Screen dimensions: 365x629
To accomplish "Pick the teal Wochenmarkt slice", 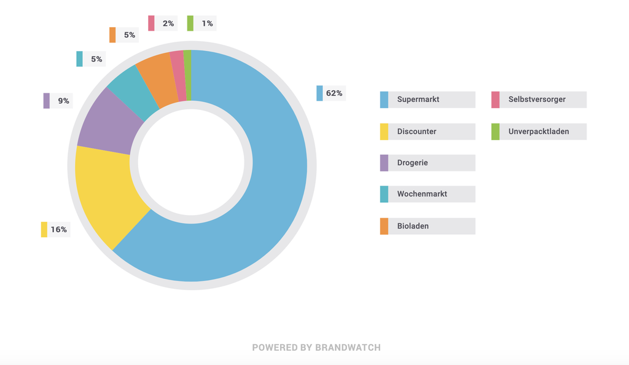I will coord(129,92).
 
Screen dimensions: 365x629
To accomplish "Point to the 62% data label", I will coord(334,93).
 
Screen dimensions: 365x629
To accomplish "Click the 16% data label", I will coord(58,230).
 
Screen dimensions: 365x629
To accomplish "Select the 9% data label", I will coord(63,101).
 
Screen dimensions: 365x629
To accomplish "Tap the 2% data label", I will coord(168,23).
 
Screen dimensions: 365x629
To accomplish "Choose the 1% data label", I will coord(207,23).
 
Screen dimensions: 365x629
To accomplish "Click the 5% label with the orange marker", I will coord(129,35).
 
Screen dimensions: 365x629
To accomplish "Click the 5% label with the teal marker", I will coord(96,59).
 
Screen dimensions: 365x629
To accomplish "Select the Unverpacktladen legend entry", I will coord(538,131).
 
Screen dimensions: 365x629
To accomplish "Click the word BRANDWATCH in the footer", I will coord(348,348).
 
